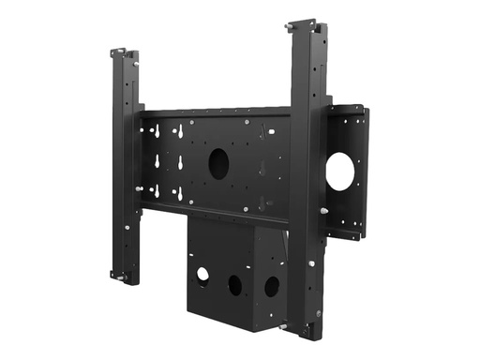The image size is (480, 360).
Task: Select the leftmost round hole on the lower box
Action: pos(202,275)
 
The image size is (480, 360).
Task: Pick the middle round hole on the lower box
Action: pos(235,281)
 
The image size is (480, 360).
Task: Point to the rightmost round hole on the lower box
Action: pos(271,286)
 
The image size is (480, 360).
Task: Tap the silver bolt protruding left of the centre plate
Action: pos(139,188)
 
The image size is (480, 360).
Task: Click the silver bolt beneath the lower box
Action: pos(282,326)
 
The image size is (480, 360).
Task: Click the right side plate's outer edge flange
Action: pos(364,173)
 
